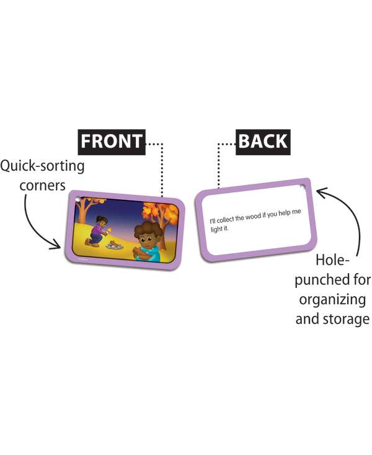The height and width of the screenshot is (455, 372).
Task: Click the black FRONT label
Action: click(112, 141)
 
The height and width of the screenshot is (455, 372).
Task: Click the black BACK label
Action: click(263, 141)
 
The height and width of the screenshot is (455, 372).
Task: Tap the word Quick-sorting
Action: click(43, 166)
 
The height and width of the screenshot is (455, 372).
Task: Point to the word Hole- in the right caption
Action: click(335, 260)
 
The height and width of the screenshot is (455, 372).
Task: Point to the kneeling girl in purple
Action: click(99, 230)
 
